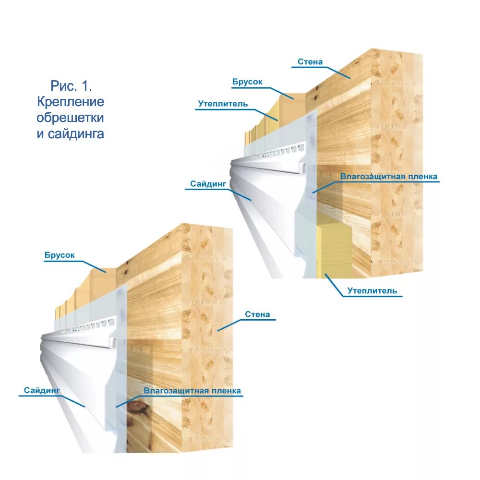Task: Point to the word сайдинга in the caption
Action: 76,134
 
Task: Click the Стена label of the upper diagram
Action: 310,62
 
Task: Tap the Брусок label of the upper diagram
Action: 247,82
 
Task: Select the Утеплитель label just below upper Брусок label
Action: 223,104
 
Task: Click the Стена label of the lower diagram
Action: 257,315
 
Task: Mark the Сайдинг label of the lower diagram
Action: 42,391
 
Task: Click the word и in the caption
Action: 40,134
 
